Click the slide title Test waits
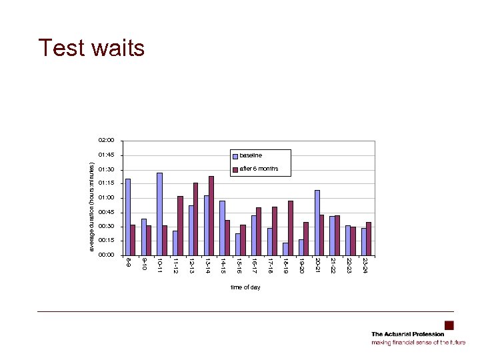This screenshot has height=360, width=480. click(x=91, y=48)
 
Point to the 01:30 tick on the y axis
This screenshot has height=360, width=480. click(x=106, y=169)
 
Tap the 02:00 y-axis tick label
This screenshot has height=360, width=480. click(x=106, y=141)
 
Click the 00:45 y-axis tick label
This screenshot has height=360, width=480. click(x=106, y=212)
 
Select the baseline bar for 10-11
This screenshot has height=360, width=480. click(x=160, y=213)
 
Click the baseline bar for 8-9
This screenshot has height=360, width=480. click(x=128, y=217)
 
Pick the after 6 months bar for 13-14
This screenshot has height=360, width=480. click(x=211, y=215)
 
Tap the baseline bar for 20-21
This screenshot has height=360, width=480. click(x=317, y=222)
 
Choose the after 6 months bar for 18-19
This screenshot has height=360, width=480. click(x=290, y=227)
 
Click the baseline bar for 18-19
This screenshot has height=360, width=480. click(x=285, y=249)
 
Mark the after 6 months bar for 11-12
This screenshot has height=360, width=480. click(x=180, y=225)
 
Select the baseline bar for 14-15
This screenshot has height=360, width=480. click(x=223, y=227)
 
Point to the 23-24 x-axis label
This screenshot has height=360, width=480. click(x=365, y=265)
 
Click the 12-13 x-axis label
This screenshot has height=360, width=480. click(x=191, y=265)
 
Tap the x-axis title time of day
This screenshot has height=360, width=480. click(x=245, y=287)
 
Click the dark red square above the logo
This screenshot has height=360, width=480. click(x=449, y=325)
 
